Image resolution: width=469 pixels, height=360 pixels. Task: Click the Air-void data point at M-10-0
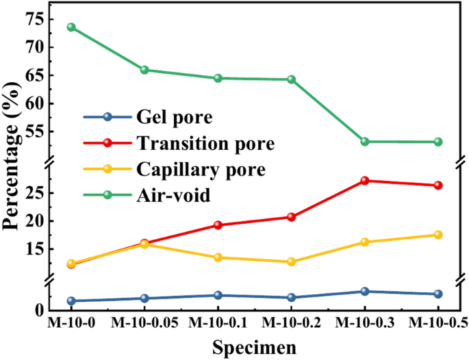pyautogui.click(x=71, y=27)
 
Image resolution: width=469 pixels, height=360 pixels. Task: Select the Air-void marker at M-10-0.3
pyautogui.click(x=365, y=142)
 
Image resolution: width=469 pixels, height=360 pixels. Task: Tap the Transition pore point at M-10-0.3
pyautogui.click(x=365, y=181)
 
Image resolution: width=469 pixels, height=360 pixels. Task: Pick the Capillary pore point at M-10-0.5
pyautogui.click(x=438, y=235)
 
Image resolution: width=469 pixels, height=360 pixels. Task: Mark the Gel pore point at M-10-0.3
pyautogui.click(x=365, y=292)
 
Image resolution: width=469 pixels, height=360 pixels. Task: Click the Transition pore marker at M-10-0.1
pyautogui.click(x=218, y=225)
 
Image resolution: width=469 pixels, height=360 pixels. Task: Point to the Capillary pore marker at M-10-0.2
pyautogui.click(x=291, y=261)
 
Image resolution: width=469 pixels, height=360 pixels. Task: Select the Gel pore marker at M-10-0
pyautogui.click(x=71, y=301)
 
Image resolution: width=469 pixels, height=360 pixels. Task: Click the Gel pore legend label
pyautogui.click(x=175, y=117)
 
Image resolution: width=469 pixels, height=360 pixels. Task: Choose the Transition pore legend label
pyautogui.click(x=205, y=144)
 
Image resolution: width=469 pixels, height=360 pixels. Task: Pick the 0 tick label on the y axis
pyautogui.click(x=40, y=310)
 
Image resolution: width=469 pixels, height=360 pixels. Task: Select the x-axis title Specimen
pyautogui.click(x=254, y=347)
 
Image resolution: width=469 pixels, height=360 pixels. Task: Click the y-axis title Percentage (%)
pyautogui.click(x=12, y=164)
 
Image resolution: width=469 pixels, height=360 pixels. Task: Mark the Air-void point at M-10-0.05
pyautogui.click(x=144, y=70)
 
